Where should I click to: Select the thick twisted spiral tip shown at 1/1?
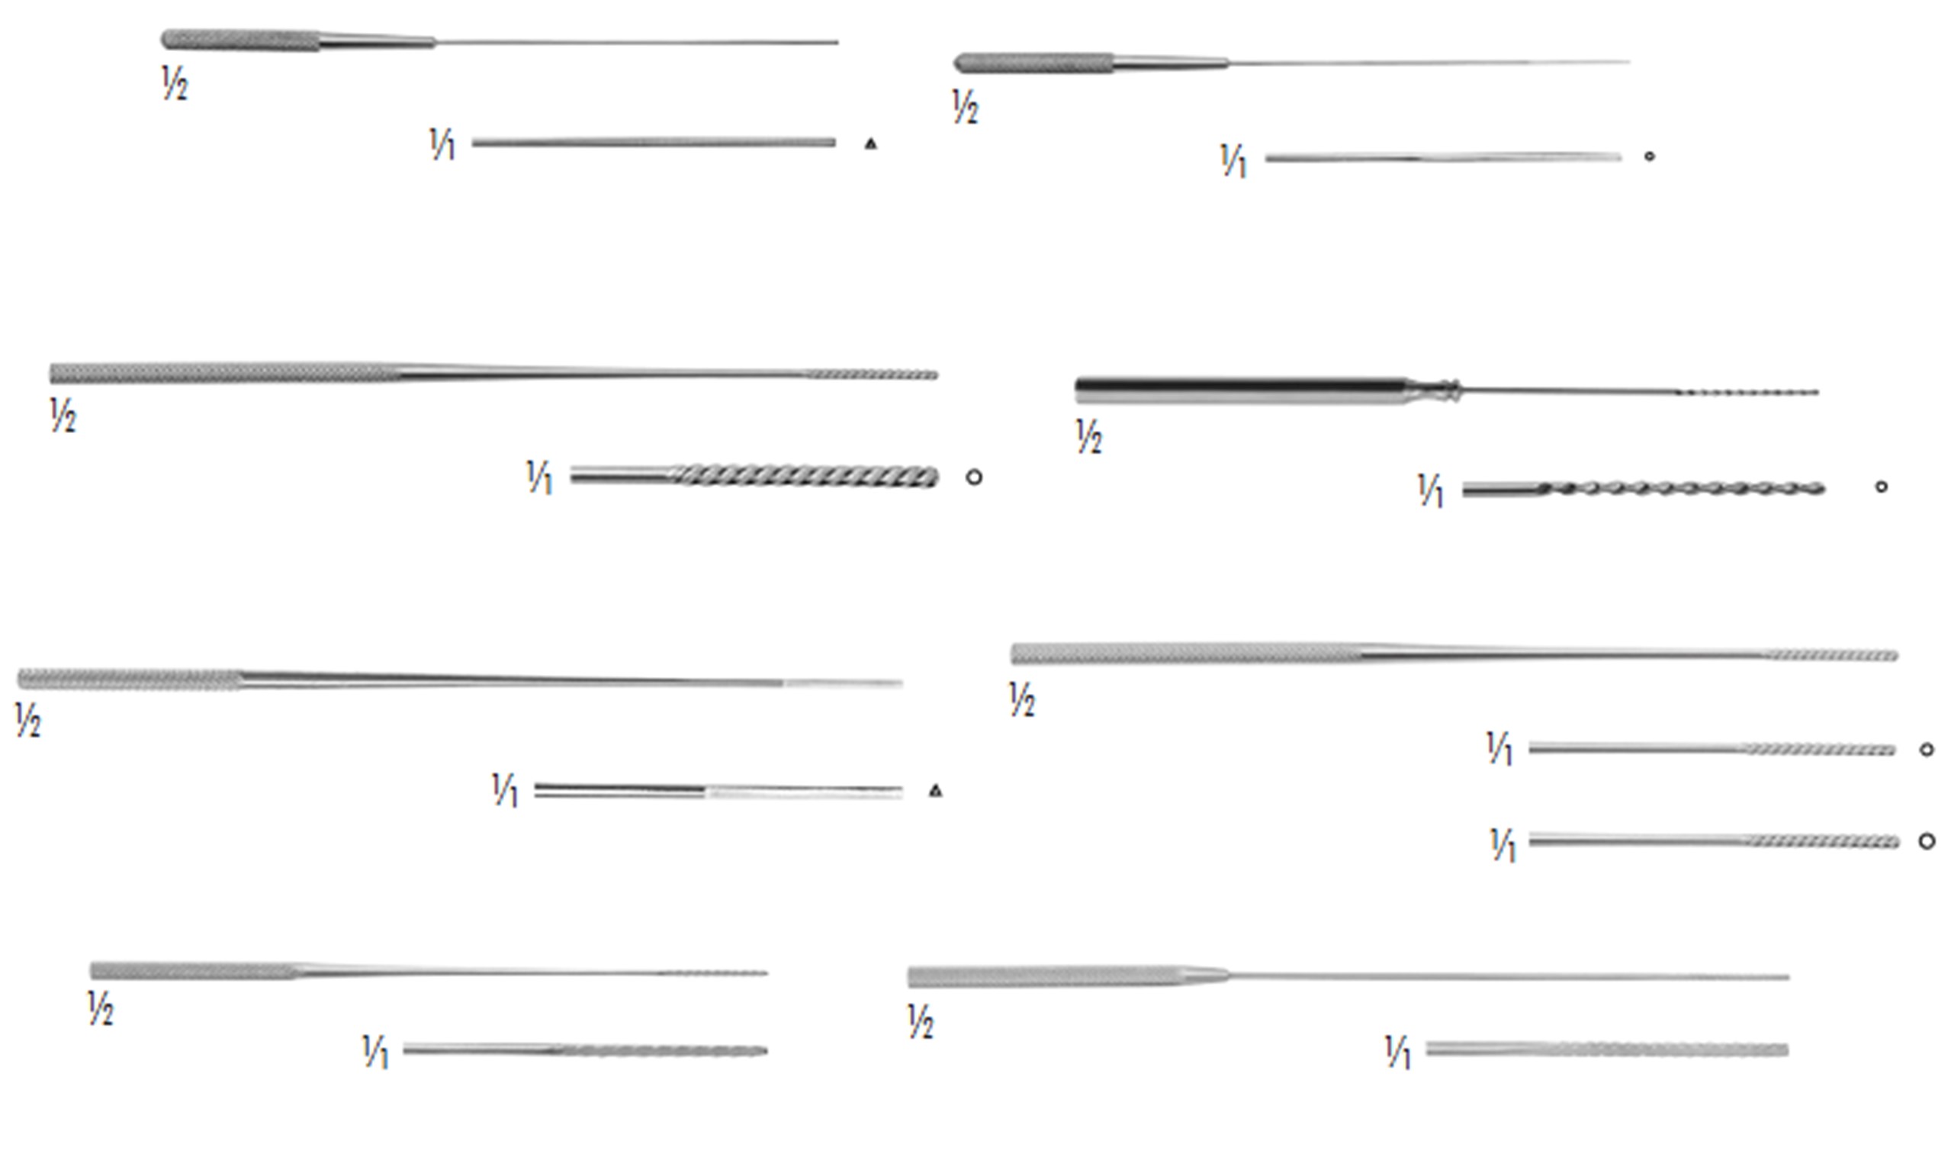click(809, 476)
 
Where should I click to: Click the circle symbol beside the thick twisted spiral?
click(973, 477)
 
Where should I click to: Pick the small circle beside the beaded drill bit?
click(1881, 487)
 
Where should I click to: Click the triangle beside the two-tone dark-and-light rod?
click(935, 792)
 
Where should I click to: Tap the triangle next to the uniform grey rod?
click(870, 144)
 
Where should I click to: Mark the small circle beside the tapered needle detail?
click(1649, 156)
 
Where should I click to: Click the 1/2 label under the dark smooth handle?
click(1088, 437)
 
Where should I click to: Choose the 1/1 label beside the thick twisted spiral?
click(540, 477)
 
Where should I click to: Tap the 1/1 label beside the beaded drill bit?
click(1431, 491)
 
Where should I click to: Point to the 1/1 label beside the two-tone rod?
click(505, 791)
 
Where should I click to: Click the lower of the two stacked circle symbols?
click(1927, 841)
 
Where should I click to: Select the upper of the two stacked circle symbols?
click(1926, 750)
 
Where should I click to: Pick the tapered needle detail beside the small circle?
click(1442, 158)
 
